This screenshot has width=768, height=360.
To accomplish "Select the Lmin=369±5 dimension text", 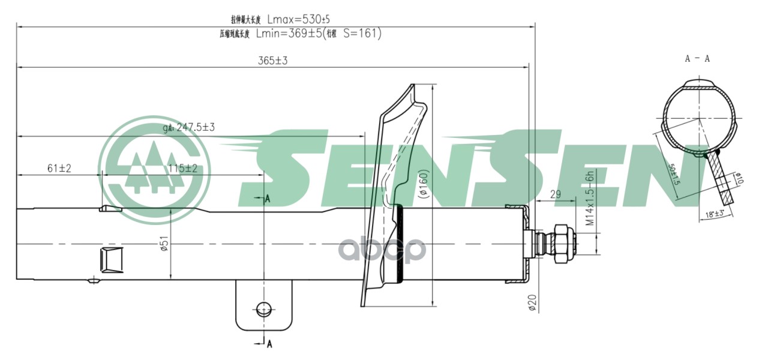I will tap(289, 34).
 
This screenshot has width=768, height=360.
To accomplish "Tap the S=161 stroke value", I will tap(362, 34).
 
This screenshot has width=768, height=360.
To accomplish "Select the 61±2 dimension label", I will tap(59, 169).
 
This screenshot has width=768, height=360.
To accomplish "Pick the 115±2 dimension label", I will tap(183, 169).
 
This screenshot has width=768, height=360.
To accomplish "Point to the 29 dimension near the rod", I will tap(555, 194).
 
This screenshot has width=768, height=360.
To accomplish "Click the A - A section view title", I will tap(698, 59).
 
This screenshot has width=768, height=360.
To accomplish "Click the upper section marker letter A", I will tap(268, 199).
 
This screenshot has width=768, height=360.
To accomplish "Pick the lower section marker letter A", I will tap(269, 344).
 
